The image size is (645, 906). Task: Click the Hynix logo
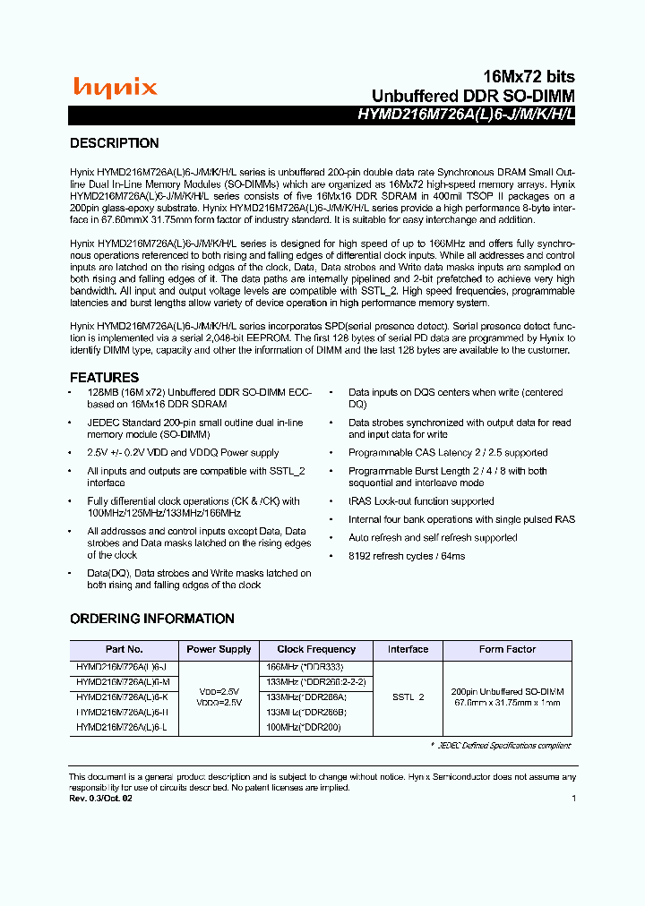[x=115, y=87]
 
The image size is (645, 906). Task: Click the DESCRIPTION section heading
[x=115, y=143]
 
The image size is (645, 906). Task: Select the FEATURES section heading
[x=105, y=378]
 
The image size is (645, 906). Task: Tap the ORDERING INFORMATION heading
[x=152, y=619]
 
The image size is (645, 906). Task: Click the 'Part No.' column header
[x=124, y=650]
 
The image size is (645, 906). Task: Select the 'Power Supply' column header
[x=219, y=650]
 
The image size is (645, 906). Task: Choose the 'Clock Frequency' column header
[x=316, y=650]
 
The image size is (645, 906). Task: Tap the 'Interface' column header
[x=408, y=650]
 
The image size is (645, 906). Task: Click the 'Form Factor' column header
[x=507, y=650]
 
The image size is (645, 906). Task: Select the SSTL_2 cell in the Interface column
[x=408, y=697]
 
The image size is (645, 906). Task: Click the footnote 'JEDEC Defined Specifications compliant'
[x=501, y=746]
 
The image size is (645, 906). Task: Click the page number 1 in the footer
[x=573, y=798]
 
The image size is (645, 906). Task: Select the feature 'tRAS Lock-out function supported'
[x=421, y=501]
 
